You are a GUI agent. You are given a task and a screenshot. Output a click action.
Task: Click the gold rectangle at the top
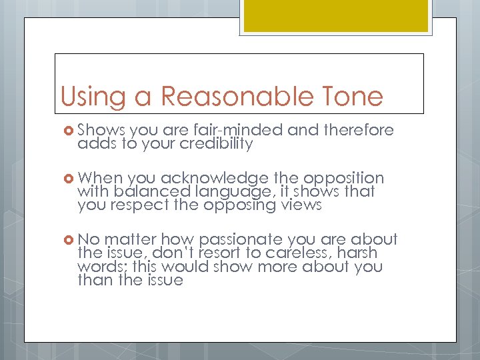336,15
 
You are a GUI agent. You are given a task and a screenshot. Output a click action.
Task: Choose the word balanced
140,193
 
